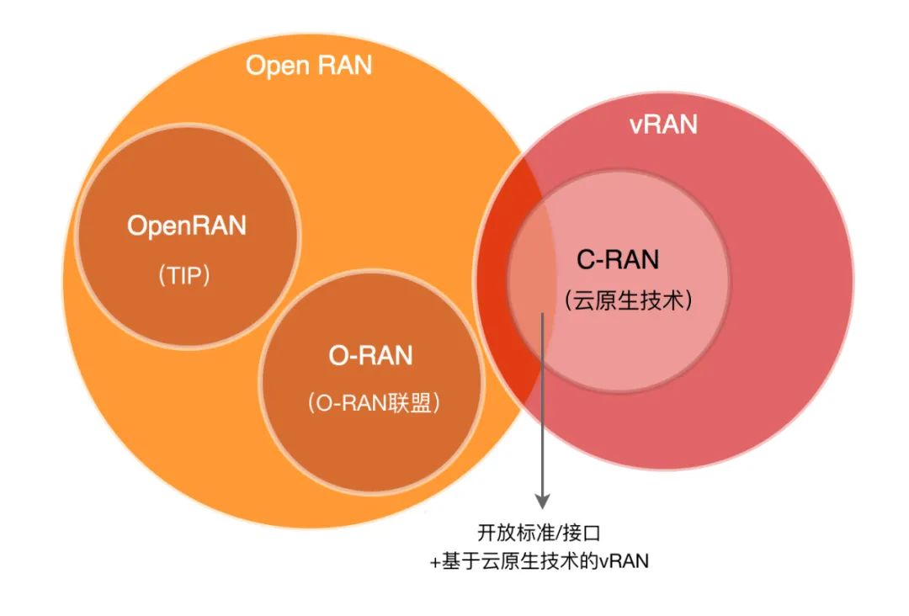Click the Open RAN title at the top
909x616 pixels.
[x=308, y=66]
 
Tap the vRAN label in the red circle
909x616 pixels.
[x=663, y=124]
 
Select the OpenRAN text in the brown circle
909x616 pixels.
[x=187, y=226]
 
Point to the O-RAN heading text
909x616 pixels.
[x=370, y=355]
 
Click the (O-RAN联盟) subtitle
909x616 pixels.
[x=374, y=403]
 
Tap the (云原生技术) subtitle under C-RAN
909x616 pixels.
[x=629, y=300]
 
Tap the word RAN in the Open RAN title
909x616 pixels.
[x=343, y=66]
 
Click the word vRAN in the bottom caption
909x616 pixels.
[x=624, y=561]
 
